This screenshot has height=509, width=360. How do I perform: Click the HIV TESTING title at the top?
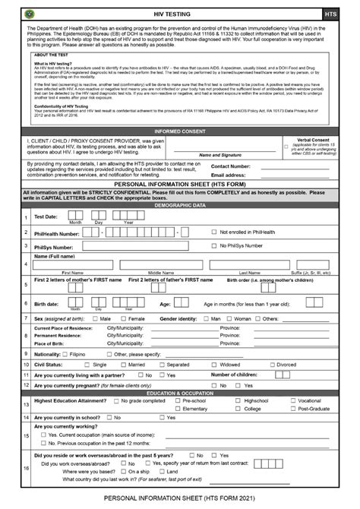pos(179,14)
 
